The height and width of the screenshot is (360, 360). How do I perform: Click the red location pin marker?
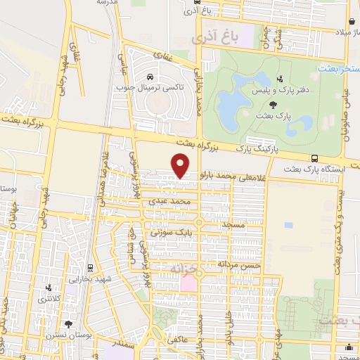[181, 165]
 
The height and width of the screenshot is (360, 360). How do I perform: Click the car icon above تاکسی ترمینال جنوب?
[150, 75]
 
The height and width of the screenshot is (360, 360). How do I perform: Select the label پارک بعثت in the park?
[274, 114]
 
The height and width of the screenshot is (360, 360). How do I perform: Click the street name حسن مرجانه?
[239, 265]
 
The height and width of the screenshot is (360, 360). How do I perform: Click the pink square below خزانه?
[188, 284]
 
